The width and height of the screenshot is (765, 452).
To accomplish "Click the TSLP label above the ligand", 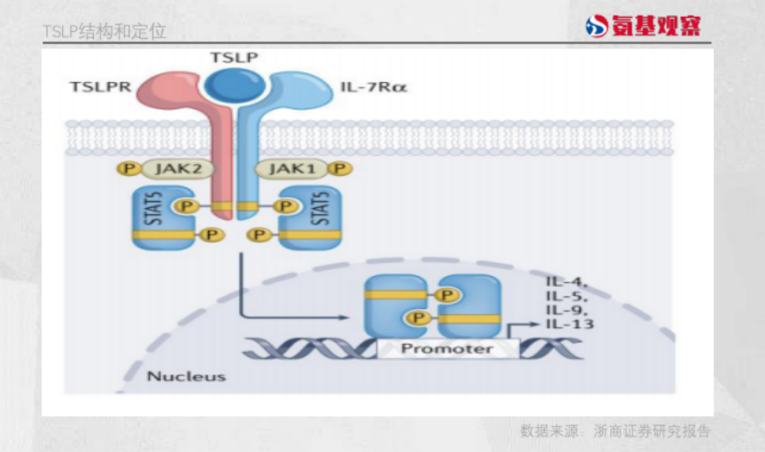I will [x=234, y=57].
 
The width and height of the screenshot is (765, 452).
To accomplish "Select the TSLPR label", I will [x=100, y=87].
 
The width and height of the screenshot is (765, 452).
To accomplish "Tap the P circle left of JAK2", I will [x=128, y=169].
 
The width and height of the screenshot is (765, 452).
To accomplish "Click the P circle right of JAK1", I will [x=342, y=169].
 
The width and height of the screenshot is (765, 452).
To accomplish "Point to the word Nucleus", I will [x=186, y=376].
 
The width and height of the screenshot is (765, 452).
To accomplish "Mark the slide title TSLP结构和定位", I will [x=104, y=32].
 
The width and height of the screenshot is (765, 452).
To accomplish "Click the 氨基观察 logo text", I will [x=654, y=26].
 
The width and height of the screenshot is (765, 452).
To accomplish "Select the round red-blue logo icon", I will [x=596, y=26].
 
